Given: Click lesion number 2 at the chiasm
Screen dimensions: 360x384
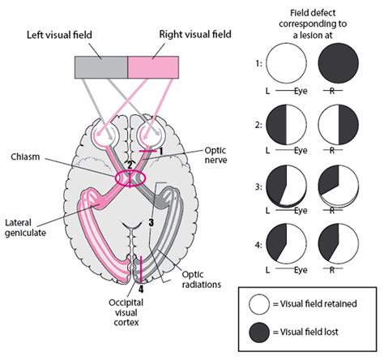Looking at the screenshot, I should coord(130,165).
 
